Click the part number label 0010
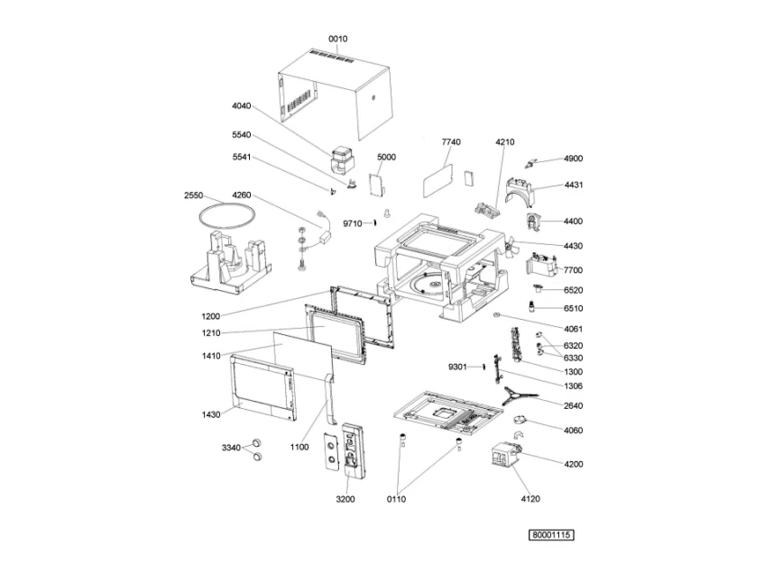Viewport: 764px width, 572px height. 337,39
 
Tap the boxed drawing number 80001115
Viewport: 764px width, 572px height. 551,535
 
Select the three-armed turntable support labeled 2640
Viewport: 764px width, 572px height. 520,395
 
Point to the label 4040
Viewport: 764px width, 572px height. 241,106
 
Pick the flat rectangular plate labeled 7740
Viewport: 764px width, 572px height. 437,180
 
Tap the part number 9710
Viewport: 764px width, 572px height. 353,223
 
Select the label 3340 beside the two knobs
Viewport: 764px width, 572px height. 231,448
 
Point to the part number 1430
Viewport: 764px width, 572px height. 211,415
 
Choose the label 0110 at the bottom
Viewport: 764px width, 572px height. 396,499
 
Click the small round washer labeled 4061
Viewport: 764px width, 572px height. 496,315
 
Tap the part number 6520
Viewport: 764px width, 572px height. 573,290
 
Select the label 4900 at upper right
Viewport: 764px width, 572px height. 573,159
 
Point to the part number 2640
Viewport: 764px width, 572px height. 573,405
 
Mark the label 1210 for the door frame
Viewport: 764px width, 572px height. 211,333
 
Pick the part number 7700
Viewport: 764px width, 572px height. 573,270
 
